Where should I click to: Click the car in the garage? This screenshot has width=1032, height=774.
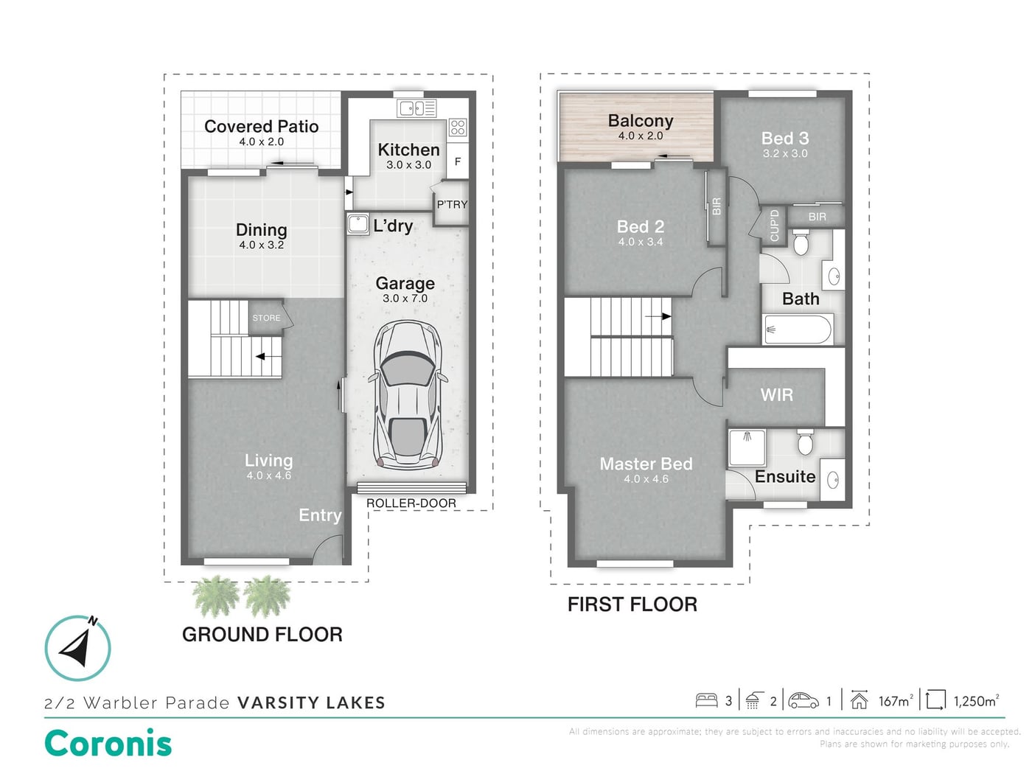[x=407, y=395]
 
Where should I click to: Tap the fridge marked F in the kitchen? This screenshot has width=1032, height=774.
[x=458, y=161]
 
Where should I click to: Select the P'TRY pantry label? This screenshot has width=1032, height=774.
[x=452, y=204]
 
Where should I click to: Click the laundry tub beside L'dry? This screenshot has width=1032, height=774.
[x=358, y=223]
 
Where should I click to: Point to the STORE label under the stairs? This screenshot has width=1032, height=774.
[x=266, y=318]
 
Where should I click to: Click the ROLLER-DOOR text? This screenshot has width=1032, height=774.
[x=411, y=503]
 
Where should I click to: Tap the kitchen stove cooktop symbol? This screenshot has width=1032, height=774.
[x=458, y=127]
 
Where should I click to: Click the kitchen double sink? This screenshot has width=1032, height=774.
[x=416, y=108]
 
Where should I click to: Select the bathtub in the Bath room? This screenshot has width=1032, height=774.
[x=798, y=329]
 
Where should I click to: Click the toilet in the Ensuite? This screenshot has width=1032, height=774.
[x=805, y=442]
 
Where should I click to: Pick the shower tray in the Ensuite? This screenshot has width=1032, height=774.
[x=747, y=447]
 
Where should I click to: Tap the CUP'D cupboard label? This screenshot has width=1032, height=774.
[x=774, y=226]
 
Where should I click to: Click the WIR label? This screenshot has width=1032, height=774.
[x=777, y=395]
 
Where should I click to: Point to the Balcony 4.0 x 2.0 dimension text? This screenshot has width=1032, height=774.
[x=641, y=136]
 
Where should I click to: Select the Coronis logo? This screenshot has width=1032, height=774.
[x=108, y=744]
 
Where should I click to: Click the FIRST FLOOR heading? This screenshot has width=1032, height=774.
[x=632, y=604]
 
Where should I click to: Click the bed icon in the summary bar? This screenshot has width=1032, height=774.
[x=707, y=700]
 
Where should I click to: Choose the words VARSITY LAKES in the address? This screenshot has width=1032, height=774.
[x=311, y=703]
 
